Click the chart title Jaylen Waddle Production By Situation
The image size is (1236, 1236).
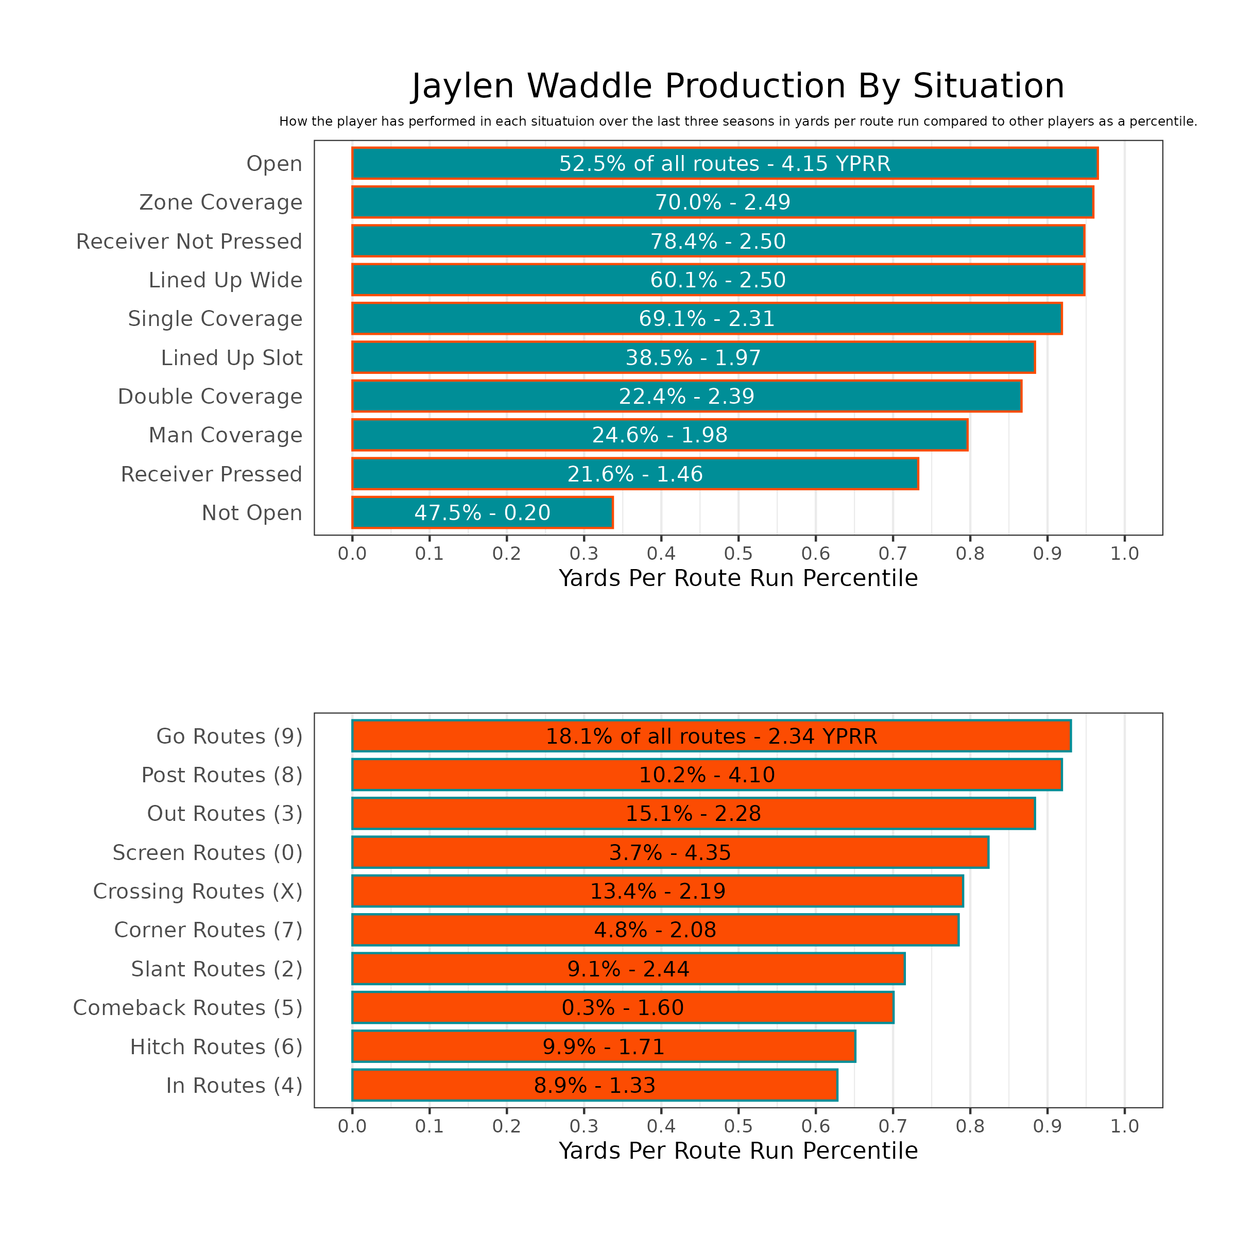pyautogui.click(x=737, y=87)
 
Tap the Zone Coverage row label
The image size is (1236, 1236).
pyautogui.click(x=221, y=203)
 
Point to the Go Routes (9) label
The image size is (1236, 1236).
pyautogui.click(x=229, y=736)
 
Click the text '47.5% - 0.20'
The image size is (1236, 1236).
pyautogui.click(x=483, y=513)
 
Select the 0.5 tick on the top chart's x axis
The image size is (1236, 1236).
pyautogui.click(x=739, y=554)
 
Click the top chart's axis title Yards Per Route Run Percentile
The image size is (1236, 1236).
pyautogui.click(x=739, y=578)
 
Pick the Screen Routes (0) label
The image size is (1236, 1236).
pyautogui.click(x=207, y=853)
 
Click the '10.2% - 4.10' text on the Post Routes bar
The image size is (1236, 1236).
pyautogui.click(x=707, y=776)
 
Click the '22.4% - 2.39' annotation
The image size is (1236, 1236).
pyautogui.click(x=686, y=397)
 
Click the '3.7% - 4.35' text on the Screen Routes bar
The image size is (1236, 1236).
pyautogui.click(x=670, y=853)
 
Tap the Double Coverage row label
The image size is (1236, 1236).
pyautogui.click(x=210, y=397)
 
